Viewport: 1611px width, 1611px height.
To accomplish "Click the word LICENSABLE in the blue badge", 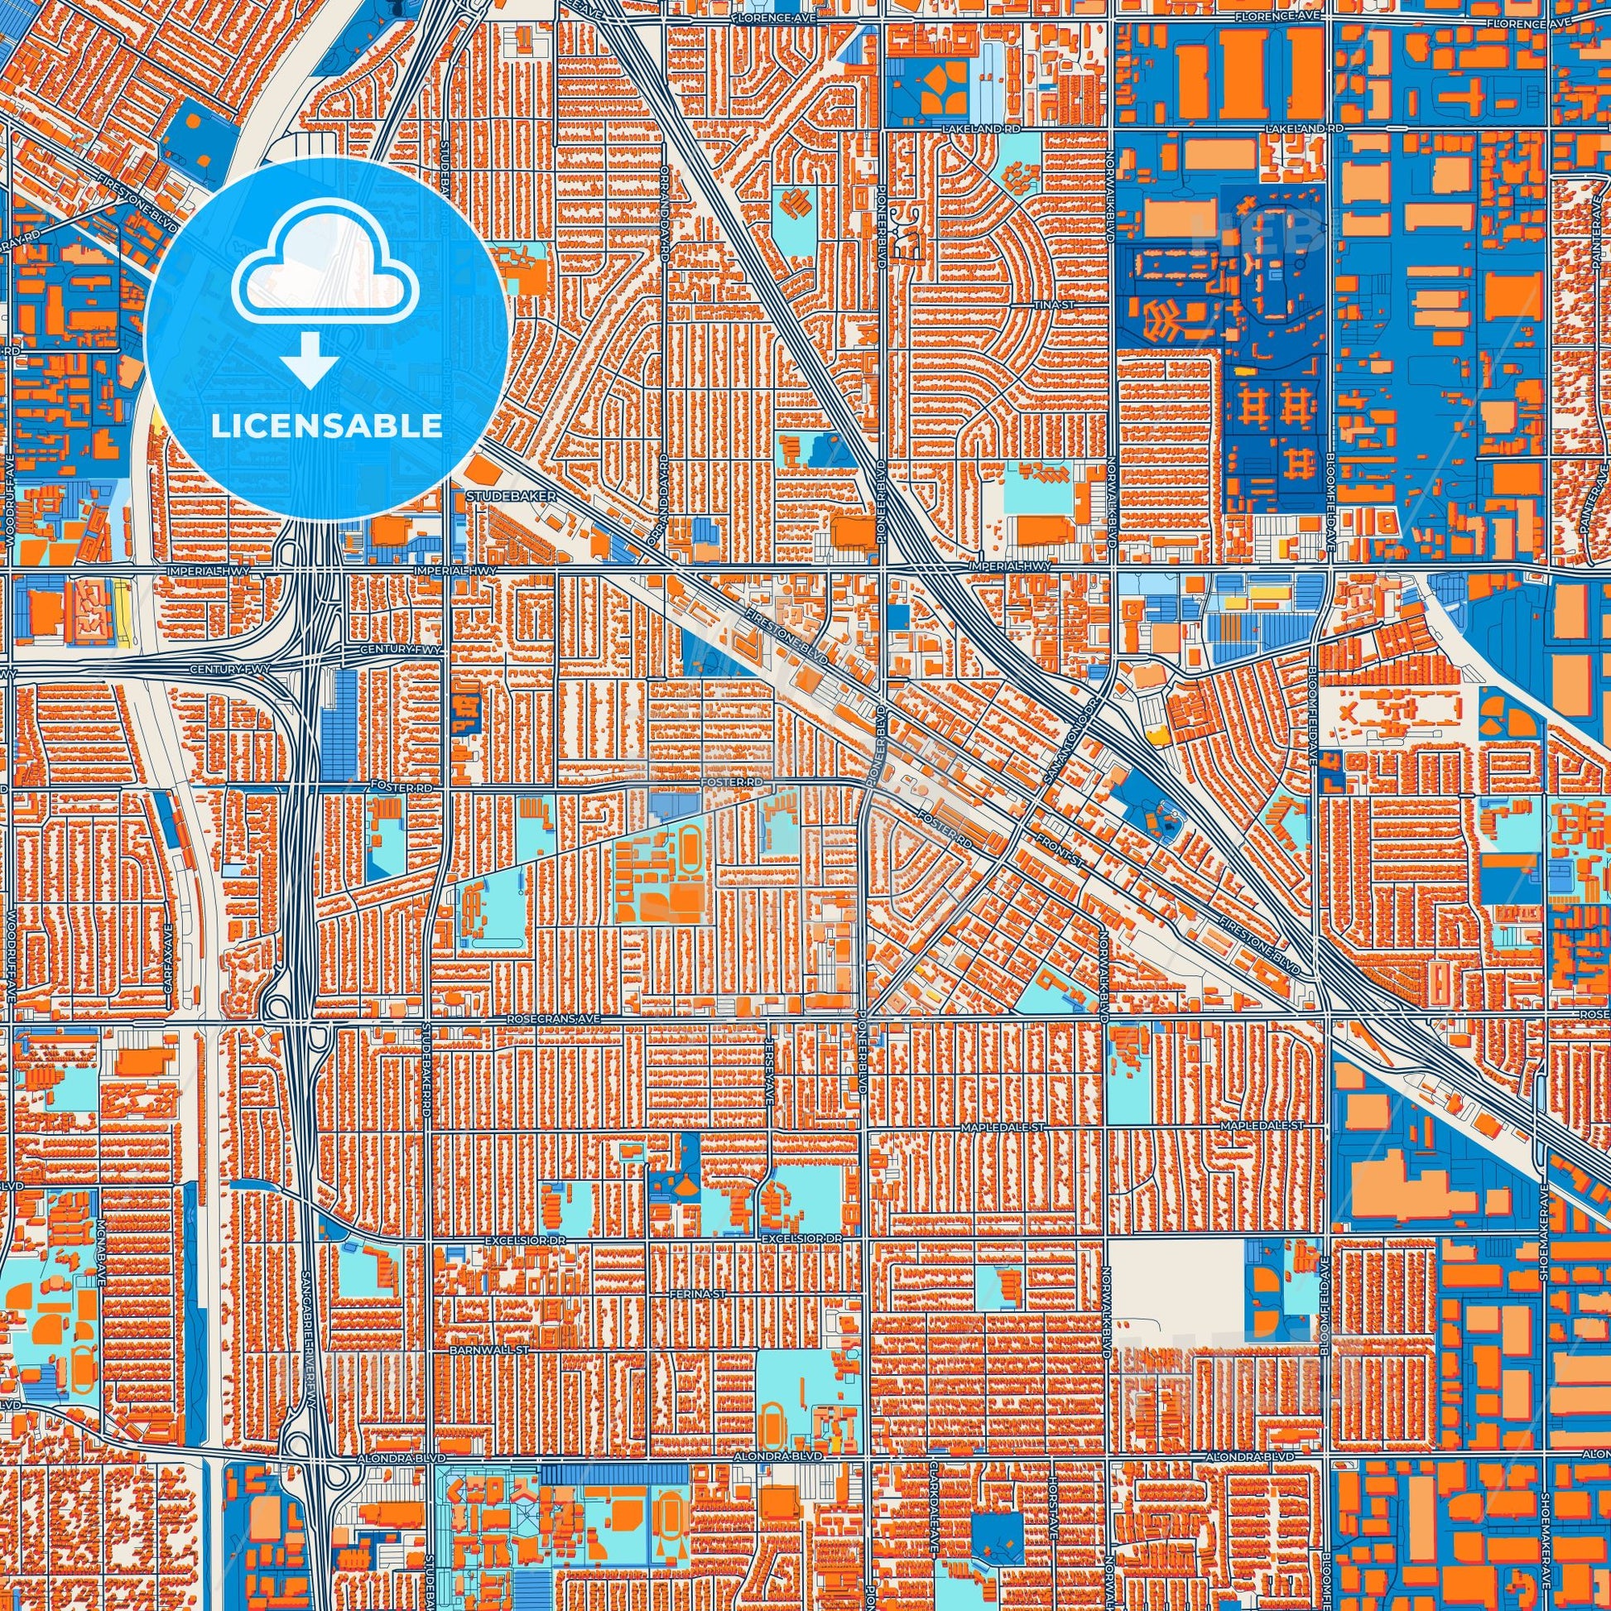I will [x=326, y=426].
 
